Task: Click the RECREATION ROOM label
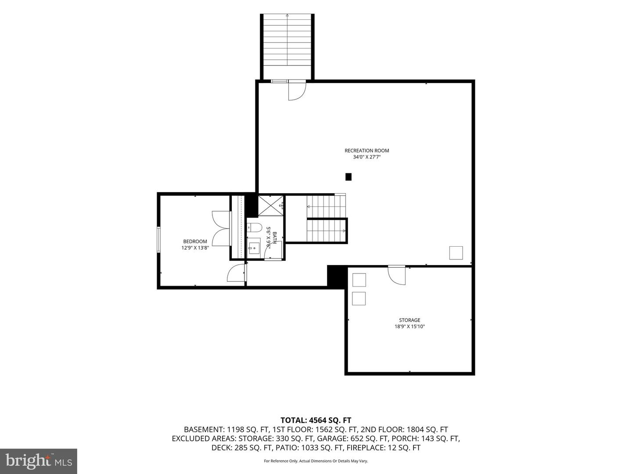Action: pos(366,151)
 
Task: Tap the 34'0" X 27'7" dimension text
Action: pos(366,157)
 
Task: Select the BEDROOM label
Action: pos(195,241)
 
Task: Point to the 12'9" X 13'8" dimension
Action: pos(195,248)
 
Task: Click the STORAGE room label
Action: pos(409,320)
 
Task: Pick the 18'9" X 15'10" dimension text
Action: pos(409,327)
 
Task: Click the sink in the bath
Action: pos(254,248)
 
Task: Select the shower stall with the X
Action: pos(270,205)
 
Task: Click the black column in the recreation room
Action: pos(348,177)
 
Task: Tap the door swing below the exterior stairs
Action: pos(297,90)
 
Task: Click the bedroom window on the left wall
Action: pos(158,240)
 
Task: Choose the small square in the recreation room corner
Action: pos(456,253)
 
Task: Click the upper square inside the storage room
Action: pos(359,280)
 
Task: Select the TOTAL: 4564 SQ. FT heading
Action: pos(316,420)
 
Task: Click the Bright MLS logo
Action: pos(39,461)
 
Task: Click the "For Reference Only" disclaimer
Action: pos(316,461)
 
